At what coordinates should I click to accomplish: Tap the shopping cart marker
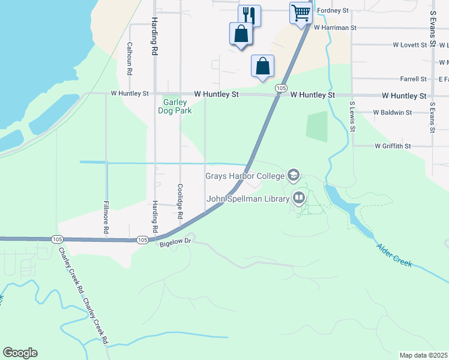301,12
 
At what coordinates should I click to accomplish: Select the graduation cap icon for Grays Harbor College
294,176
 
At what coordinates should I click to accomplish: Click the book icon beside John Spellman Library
299,198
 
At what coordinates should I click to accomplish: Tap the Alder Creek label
394,255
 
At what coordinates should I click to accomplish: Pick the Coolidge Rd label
179,201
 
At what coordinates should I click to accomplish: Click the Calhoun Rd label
130,58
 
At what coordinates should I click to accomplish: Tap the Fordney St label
333,11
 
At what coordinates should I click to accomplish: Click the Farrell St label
413,79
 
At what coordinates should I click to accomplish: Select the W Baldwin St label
393,112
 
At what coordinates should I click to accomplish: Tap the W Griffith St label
393,146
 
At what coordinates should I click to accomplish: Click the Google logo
20,353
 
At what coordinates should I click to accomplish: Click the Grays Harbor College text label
246,176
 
